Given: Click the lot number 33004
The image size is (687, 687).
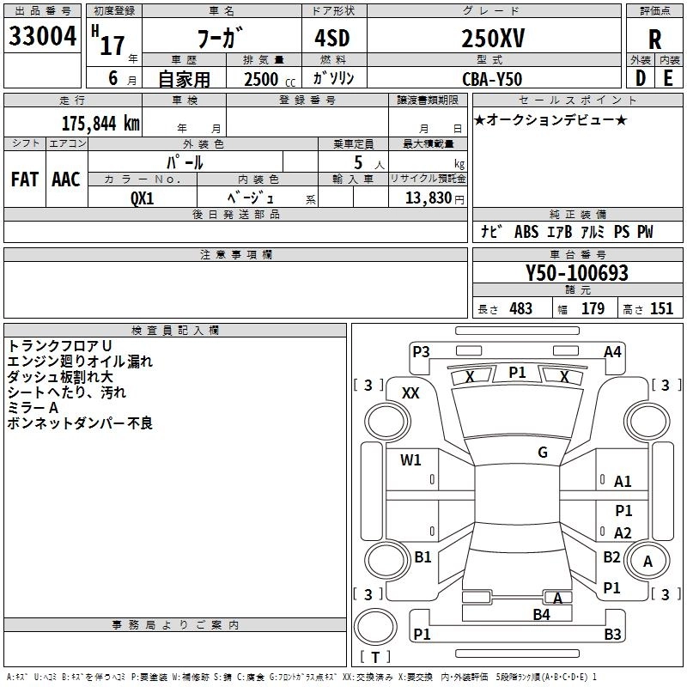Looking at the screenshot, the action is point(42,36).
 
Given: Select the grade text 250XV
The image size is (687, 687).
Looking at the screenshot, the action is point(493,39).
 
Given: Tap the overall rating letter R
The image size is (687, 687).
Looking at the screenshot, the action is point(654,40).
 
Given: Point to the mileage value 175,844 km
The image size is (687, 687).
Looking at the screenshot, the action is point(100,124).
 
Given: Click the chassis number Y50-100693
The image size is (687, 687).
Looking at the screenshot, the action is point(577,273).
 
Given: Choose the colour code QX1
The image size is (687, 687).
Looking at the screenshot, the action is point(142,198).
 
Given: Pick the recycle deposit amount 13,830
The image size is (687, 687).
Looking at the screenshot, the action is point(428,198).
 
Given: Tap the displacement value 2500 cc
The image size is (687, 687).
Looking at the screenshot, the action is point(270,79).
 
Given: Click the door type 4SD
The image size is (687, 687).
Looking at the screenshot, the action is point(332,38).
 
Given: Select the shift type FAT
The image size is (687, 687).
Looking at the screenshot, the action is point(25,179).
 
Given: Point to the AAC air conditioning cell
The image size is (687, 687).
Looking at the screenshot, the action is point(66,179).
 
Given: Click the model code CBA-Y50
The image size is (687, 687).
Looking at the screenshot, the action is point(492,79).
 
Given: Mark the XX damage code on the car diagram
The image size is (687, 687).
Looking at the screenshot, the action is point(410,393).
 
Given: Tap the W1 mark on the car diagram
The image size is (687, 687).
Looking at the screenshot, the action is point(410,459).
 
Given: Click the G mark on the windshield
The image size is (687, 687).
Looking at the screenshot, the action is point(543,453).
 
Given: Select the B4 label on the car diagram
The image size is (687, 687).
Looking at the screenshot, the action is point(542,615).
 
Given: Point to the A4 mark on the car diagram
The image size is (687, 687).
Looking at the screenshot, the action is point(612,352).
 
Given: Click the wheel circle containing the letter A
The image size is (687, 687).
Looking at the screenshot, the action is point(647,561).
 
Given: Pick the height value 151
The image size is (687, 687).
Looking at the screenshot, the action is point(661,309).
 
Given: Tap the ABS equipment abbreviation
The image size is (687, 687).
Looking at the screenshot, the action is point(526,232).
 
